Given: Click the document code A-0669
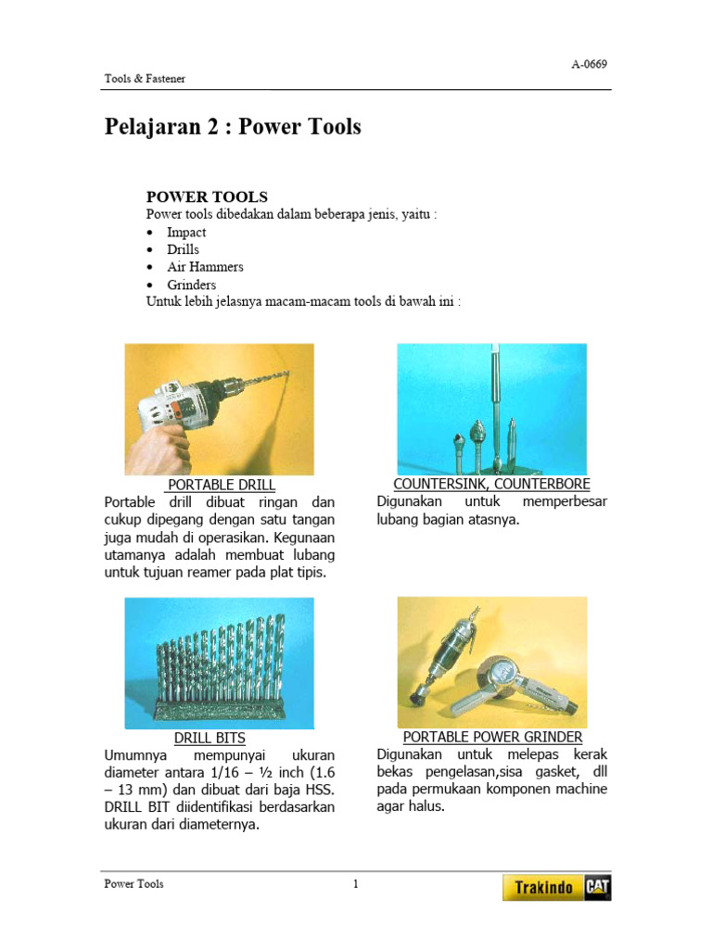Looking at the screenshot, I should point(589,64).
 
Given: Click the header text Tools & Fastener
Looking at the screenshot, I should point(144,79).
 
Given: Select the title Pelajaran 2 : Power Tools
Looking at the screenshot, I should point(233,127).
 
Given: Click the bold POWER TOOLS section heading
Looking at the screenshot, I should point(207,196).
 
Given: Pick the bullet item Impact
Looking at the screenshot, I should point(186,232).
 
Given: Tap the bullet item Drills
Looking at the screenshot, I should point(183,249).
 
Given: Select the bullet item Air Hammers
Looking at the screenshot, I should point(205,267).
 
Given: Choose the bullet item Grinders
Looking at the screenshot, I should point(191,285).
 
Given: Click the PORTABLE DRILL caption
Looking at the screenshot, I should point(221,485).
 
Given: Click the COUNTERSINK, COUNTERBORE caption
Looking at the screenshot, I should point(491,484).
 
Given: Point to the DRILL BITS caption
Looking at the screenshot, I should point(210,738).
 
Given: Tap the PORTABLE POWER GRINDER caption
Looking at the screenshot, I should point(492,737).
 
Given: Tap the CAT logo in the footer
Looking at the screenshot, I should point(597,888).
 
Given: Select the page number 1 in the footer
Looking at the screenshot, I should point(355,884).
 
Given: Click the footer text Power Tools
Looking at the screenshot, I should point(133,884).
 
